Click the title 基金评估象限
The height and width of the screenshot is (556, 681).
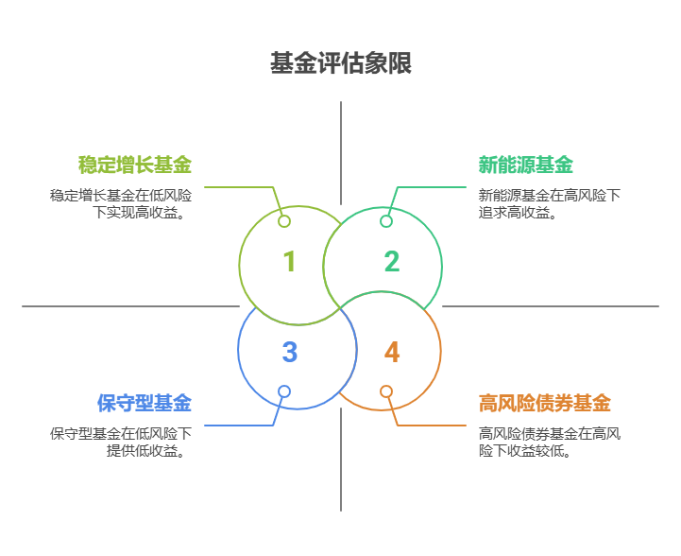tap(340, 64)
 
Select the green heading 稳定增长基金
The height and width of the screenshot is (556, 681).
tap(135, 165)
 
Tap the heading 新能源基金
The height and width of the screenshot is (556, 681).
tap(526, 165)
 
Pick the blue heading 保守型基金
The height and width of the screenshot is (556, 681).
tap(145, 403)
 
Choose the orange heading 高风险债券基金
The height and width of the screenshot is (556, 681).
tap(545, 403)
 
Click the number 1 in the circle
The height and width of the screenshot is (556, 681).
tap(289, 261)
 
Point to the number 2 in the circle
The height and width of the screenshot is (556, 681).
tap(392, 261)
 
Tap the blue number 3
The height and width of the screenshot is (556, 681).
tap(289, 352)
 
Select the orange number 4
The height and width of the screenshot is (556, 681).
tap(392, 352)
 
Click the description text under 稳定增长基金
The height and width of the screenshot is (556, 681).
tap(121, 203)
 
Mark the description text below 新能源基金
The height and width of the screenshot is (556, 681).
tap(549, 203)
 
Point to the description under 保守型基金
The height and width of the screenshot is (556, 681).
tap(121, 442)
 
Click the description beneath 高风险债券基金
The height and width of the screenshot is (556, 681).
tap(549, 442)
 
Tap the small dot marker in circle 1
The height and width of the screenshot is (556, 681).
tap(284, 221)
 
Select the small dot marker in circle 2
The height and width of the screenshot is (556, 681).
tap(386, 221)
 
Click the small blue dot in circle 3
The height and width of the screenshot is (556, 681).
tap(284, 391)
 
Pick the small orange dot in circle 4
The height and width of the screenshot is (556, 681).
tap(386, 391)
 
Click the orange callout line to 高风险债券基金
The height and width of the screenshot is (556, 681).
tap(434, 425)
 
